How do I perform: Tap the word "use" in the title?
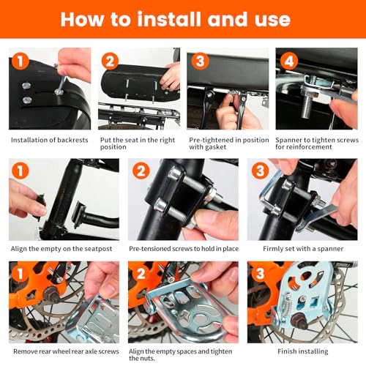(273, 20)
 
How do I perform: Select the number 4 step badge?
(289, 61)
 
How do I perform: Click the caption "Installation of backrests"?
(50, 140)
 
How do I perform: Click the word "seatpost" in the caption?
(98, 249)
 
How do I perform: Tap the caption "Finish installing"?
(303, 351)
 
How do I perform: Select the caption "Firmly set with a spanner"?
(303, 249)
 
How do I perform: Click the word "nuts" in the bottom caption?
(147, 359)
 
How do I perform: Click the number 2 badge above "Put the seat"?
(110, 61)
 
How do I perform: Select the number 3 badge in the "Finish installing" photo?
(260, 274)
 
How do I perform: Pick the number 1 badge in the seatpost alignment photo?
(20, 171)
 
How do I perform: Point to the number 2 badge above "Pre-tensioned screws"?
(141, 171)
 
